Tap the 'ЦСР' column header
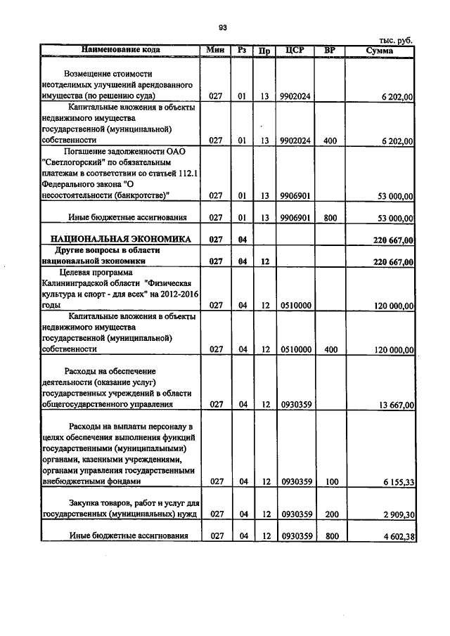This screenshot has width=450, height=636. pos(295,50)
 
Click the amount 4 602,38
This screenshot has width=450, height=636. pos(394,537)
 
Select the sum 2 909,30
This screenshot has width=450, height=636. pos(394,514)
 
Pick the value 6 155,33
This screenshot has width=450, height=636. pos(394,481)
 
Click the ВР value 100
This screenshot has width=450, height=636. pos(330,481)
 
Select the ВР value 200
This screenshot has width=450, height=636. pos(330,514)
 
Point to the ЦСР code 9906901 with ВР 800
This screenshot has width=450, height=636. pos(295,218)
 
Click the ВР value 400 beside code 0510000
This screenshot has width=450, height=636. pos(330,349)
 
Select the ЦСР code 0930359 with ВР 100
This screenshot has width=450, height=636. pos(295,481)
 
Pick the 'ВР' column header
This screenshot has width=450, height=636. pos(330,50)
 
